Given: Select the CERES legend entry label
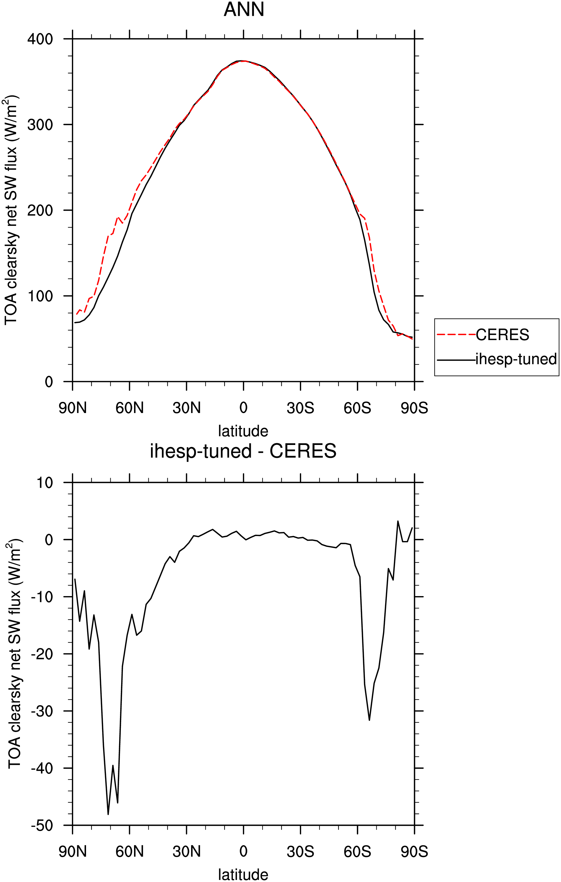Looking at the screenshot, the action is (502, 335).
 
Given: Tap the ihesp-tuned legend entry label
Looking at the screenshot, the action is (516, 359).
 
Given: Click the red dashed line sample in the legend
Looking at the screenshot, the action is (456, 335).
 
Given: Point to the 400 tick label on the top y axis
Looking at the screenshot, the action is (40, 39).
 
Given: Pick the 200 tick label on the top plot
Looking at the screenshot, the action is (40, 210).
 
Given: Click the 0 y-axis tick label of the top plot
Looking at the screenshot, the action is (49, 382).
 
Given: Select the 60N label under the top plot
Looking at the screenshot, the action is (130, 408).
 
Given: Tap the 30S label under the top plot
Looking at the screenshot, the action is (301, 408).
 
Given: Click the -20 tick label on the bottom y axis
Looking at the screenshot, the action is (42, 654).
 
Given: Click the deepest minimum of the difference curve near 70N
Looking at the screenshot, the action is (108, 814).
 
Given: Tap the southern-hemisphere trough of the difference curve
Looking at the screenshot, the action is (369, 721).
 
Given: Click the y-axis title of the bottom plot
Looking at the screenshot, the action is (15, 654).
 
